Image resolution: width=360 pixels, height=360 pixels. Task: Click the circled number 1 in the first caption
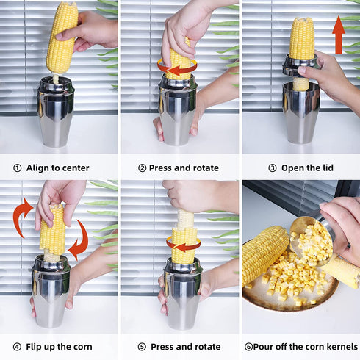tap(16, 168)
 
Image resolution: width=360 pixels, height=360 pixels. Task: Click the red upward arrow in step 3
tap(338, 37)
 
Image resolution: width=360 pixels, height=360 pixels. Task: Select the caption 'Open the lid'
tap(307, 168)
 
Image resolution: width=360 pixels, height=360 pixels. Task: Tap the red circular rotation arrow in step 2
tap(177, 67)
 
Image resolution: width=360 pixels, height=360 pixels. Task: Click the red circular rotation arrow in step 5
tap(183, 244)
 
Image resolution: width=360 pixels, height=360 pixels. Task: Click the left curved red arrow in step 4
tap(22, 217)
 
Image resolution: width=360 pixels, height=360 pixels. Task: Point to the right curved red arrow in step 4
tap(79, 241)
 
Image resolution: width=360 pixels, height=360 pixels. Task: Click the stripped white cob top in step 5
tap(185, 218)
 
